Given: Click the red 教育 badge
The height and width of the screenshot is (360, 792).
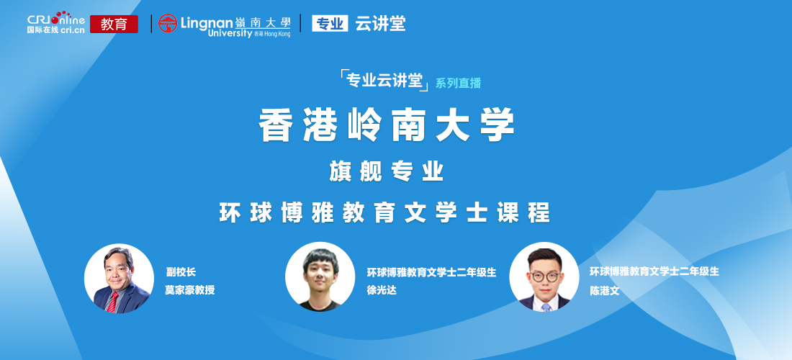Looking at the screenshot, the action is pos(114,24).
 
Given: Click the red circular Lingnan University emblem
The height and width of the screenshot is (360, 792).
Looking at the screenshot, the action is pos(168,23).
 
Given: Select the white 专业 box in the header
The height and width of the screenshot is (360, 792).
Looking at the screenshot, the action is pos(330,23).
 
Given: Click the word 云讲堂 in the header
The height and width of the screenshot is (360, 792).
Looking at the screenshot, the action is pos(380,23).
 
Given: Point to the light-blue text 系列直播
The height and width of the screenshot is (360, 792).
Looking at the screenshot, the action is pos(458,84).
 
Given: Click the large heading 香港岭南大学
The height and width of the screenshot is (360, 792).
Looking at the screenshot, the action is pos(387,125).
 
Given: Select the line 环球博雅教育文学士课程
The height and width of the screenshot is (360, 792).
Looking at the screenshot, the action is pos(384,213).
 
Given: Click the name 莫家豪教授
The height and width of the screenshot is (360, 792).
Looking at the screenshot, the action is pos(190,290).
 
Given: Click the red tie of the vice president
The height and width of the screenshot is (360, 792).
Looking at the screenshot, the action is pos(112,302).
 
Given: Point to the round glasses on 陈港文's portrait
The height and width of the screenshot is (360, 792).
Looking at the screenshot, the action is pos(544,276).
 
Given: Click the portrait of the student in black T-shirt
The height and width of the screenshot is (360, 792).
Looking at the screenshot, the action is pos(320,276).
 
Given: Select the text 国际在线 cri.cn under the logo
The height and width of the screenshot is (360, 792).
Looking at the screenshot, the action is pos(55,30).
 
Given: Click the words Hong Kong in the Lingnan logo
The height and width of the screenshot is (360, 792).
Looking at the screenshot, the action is pos(277,34).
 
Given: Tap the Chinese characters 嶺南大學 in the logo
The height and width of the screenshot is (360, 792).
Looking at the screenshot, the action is pos(263,22).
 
